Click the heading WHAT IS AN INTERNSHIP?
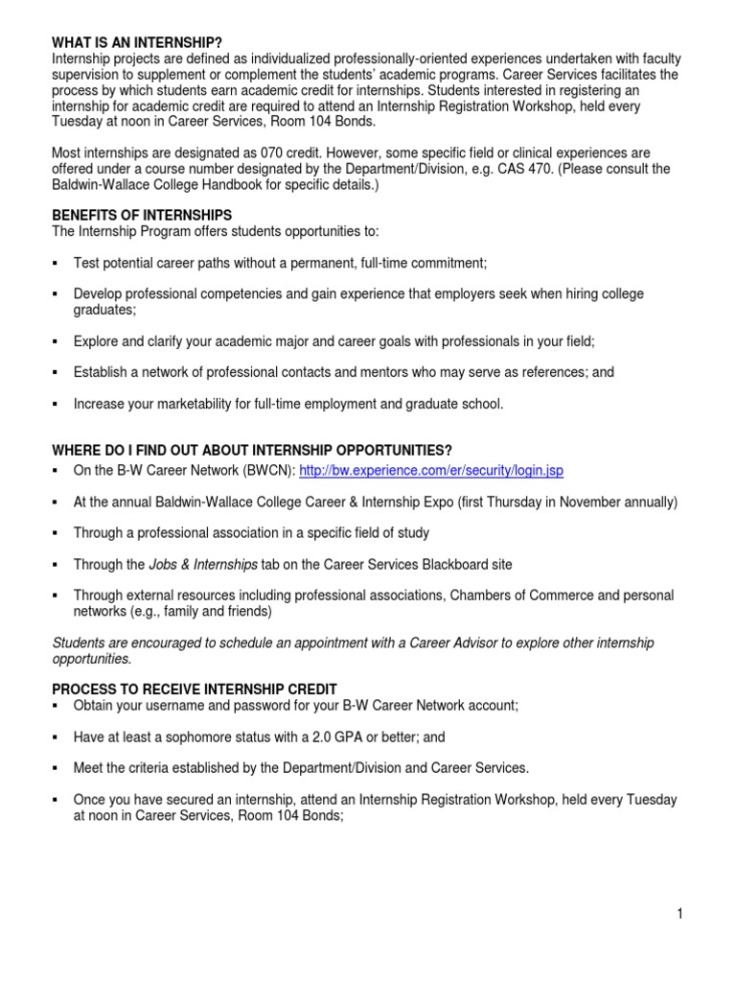[x=137, y=43]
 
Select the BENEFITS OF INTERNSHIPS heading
[x=142, y=216]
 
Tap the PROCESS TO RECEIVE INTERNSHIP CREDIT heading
[x=195, y=690]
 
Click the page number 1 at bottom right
[x=679, y=914]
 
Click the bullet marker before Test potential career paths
[x=56, y=263]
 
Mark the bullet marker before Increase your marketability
[x=56, y=404]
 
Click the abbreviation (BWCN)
[x=263, y=471]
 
